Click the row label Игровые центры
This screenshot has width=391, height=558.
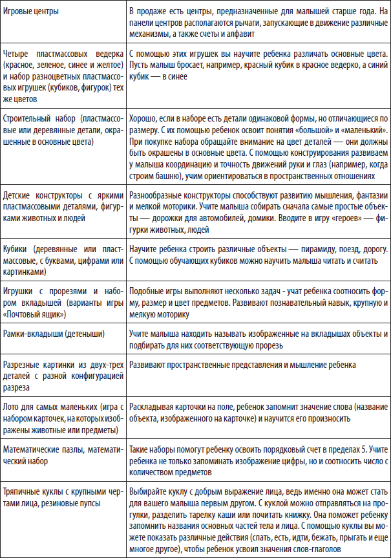click(32, 12)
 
